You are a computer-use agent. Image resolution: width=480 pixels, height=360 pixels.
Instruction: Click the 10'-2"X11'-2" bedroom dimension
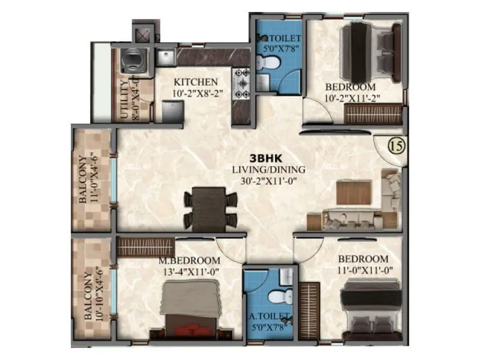pos(352,98)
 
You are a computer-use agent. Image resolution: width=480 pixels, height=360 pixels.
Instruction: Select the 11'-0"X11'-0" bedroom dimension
pos(365,269)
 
